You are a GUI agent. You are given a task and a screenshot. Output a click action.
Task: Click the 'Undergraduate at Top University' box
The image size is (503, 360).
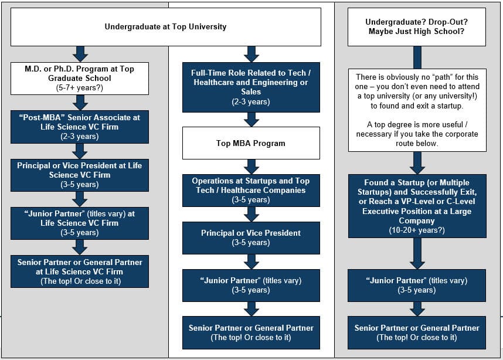click(x=165, y=27)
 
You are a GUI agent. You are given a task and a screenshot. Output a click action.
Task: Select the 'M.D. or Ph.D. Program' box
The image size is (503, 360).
click(x=80, y=78)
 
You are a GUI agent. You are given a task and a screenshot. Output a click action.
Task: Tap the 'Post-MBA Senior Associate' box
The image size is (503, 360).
click(x=80, y=127)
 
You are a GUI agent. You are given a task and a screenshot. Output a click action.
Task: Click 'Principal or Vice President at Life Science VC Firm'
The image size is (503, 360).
click(x=80, y=175)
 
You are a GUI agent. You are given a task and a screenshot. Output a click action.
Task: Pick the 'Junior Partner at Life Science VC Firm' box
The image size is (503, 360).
click(x=80, y=223)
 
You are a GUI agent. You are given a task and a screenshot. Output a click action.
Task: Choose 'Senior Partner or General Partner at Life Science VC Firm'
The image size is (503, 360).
click(x=80, y=271)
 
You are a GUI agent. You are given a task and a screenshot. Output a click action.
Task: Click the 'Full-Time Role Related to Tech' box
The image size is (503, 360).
click(x=251, y=87)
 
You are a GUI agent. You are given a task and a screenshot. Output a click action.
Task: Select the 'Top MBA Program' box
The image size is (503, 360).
click(x=251, y=143)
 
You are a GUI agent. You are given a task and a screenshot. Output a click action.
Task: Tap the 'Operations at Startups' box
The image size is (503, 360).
click(x=251, y=190)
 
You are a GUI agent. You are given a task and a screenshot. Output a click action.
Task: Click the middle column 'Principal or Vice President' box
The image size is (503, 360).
click(x=251, y=237)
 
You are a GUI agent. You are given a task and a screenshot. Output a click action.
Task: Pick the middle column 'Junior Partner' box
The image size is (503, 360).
click(x=251, y=285)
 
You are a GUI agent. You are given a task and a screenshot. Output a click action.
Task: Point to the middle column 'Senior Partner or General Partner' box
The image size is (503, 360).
click(x=251, y=332)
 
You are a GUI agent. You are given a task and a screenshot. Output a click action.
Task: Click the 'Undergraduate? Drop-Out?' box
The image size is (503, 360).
click(x=417, y=27)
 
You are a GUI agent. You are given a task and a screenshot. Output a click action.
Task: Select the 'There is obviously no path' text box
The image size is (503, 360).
click(x=417, y=110)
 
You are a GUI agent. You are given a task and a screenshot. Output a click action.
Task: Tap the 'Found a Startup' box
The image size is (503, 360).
click(x=417, y=205)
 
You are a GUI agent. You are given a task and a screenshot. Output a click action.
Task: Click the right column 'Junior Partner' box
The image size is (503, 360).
click(x=417, y=285)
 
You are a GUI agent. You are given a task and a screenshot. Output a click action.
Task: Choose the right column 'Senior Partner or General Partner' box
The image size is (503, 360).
click(x=417, y=332)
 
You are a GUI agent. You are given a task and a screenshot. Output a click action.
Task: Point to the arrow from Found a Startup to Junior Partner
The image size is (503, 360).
click(x=417, y=253)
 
